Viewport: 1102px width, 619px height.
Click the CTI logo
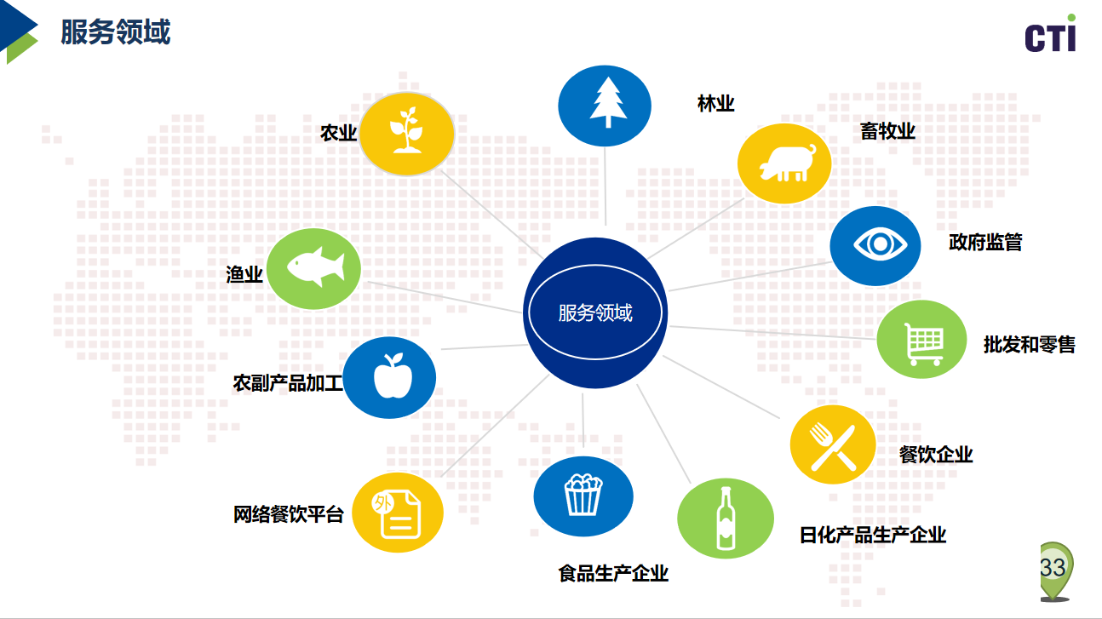point(1050,33)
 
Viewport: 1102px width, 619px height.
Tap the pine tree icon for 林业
point(608,102)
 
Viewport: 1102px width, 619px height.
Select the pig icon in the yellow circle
point(786,163)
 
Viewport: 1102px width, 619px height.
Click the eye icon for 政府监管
point(880,244)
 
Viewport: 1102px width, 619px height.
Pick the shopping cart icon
point(923,343)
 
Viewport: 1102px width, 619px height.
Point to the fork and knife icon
point(834,447)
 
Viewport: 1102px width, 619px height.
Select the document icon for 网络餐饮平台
point(397,513)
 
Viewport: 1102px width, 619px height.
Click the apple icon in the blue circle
point(393,376)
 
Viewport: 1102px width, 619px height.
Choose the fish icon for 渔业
point(316,267)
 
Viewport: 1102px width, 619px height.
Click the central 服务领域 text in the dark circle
point(595,313)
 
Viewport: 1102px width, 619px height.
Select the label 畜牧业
point(887,131)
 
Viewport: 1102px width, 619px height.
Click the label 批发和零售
point(1030,345)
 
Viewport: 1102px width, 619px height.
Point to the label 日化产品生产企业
point(873,535)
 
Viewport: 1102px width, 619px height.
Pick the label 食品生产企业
point(613,573)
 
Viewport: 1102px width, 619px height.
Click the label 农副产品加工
point(288,383)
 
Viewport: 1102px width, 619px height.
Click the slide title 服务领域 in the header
point(115,32)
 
